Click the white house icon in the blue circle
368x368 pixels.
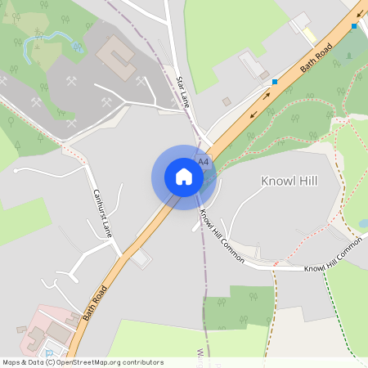[x=184, y=177]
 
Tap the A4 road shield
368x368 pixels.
[x=204, y=162]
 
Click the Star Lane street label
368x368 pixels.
[x=184, y=92]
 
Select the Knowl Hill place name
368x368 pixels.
[x=288, y=181]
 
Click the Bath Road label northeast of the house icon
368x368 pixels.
[x=317, y=55]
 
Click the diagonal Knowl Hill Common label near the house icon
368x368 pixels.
[x=222, y=235]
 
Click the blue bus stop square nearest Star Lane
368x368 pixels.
[x=275, y=82]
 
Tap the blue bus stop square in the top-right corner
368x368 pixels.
[x=354, y=26]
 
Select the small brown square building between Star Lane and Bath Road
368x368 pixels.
[x=227, y=101]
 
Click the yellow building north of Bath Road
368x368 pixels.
[x=310, y=34]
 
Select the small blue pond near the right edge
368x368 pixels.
[x=362, y=222]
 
